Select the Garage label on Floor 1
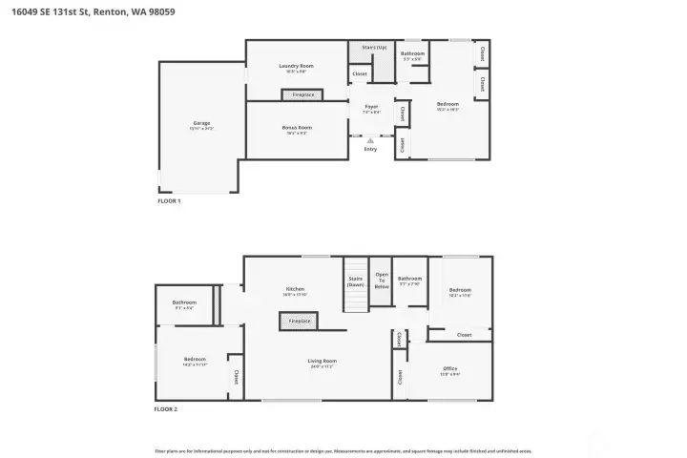click(201, 124)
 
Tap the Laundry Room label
click(296, 67)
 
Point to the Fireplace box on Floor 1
click(303, 94)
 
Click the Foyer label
click(370, 107)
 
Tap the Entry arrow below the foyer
click(370, 142)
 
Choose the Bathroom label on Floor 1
click(412, 54)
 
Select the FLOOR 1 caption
click(169, 201)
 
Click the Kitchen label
click(295, 290)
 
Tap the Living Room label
click(323, 362)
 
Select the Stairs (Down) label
click(355, 281)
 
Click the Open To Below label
click(382, 281)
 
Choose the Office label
click(450, 368)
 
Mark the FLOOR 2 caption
click(166, 408)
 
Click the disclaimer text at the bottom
click(343, 450)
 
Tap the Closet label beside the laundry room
click(360, 73)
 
